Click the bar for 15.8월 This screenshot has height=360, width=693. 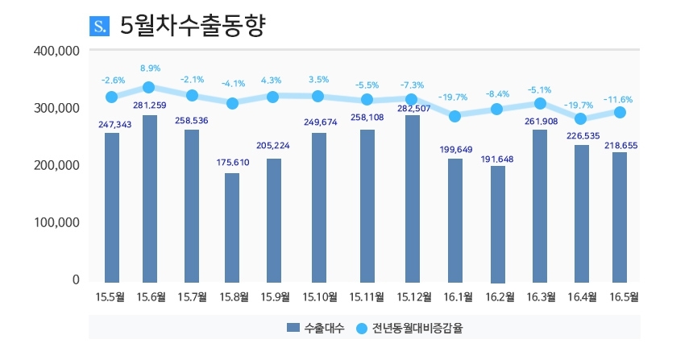point(232,226)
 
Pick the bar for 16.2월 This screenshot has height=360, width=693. point(498,223)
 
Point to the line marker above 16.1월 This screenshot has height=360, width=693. point(455,116)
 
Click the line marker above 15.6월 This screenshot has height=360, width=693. point(149,87)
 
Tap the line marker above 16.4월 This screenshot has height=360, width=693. point(581,119)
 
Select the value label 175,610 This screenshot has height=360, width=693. point(232,163)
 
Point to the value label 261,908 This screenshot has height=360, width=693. point(541,122)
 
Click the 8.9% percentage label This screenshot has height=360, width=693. point(150,68)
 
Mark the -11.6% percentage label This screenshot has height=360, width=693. point(618,100)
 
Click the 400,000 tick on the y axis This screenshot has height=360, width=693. point(56,51)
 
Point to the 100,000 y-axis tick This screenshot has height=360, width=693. point(56,222)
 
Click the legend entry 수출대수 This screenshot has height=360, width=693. point(316,328)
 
